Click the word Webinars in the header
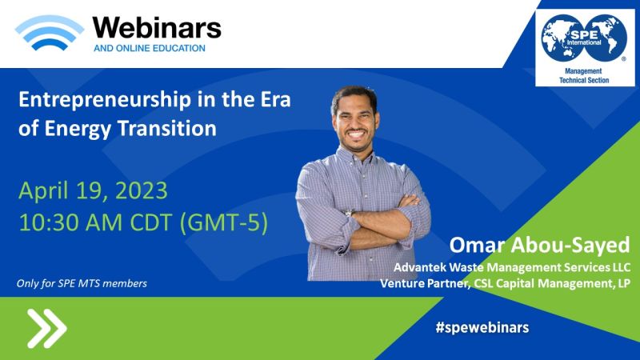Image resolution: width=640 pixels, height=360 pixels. click(157, 28)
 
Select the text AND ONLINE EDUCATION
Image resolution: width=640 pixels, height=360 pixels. click(150, 48)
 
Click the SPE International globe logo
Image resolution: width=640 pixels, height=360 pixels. click(584, 38)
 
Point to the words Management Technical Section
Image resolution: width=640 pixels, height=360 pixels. click(584, 75)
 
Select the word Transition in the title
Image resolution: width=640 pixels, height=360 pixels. click(167, 128)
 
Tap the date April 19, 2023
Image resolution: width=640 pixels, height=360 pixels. click(93, 190)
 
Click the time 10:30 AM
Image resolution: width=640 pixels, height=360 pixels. click(70, 223)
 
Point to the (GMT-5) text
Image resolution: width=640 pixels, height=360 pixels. click(224, 223)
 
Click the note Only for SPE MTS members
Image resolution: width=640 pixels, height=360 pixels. click(82, 283)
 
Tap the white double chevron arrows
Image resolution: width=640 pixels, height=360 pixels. click(47, 329)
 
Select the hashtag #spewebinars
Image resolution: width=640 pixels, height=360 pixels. click(482, 327)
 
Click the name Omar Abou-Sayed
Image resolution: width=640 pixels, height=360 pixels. click(539, 245)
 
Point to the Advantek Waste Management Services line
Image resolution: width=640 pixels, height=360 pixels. click(512, 267)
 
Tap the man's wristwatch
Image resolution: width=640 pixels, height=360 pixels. click(349, 213)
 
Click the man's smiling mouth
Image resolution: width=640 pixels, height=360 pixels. click(356, 134)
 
